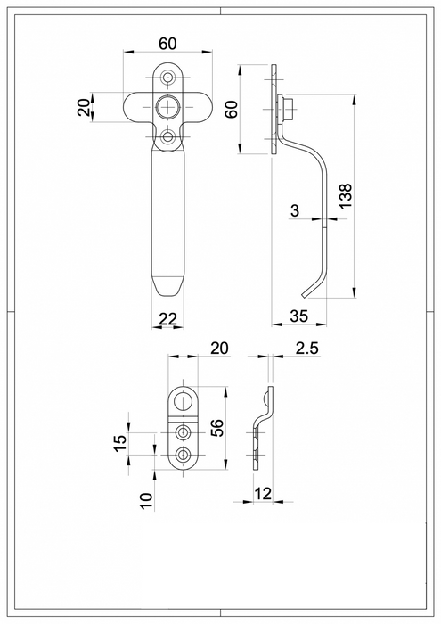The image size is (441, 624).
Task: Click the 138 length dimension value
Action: (347, 195)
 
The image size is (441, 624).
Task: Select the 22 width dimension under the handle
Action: (169, 319)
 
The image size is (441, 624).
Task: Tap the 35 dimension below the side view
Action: (300, 315)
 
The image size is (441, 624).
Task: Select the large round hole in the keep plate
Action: (184, 400)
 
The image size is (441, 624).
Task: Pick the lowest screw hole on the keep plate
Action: (184, 455)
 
